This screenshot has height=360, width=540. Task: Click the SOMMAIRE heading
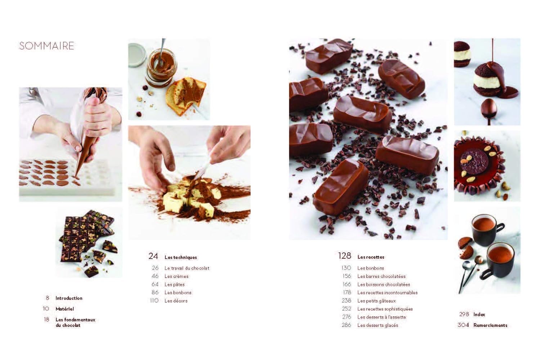click(x=46, y=46)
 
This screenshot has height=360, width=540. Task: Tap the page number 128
click(x=344, y=256)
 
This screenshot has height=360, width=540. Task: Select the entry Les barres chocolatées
click(x=381, y=276)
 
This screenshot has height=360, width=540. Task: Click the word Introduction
click(x=69, y=298)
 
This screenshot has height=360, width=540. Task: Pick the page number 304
click(x=463, y=325)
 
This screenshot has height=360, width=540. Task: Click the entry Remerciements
click(x=490, y=325)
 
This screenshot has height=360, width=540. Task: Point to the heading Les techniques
click(x=181, y=257)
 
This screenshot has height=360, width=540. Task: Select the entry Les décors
click(x=176, y=301)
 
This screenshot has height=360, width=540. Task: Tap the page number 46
click(x=155, y=276)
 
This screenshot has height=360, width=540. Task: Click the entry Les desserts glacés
click(x=378, y=325)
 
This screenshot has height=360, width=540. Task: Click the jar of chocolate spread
click(x=158, y=68)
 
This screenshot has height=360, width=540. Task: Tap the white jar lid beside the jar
click(x=136, y=55)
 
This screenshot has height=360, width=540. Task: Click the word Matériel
click(x=64, y=309)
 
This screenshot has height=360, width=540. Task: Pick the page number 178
click(x=347, y=292)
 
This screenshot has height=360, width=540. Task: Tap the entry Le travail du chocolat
click(x=186, y=268)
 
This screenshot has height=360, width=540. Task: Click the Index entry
click(x=479, y=314)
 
